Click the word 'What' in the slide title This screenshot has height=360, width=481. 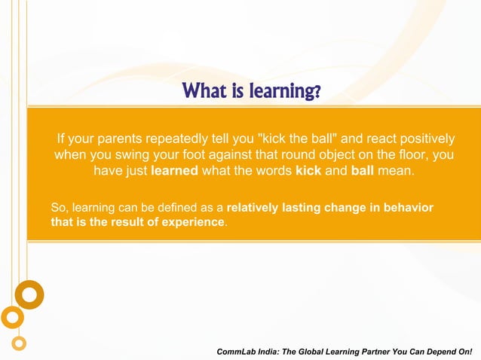tap(204, 92)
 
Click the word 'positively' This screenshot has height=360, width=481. tap(423, 139)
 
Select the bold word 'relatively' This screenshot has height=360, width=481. tap(253, 207)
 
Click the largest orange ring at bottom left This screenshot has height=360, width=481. tap(29, 294)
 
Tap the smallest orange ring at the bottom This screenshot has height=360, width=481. tap(20, 343)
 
